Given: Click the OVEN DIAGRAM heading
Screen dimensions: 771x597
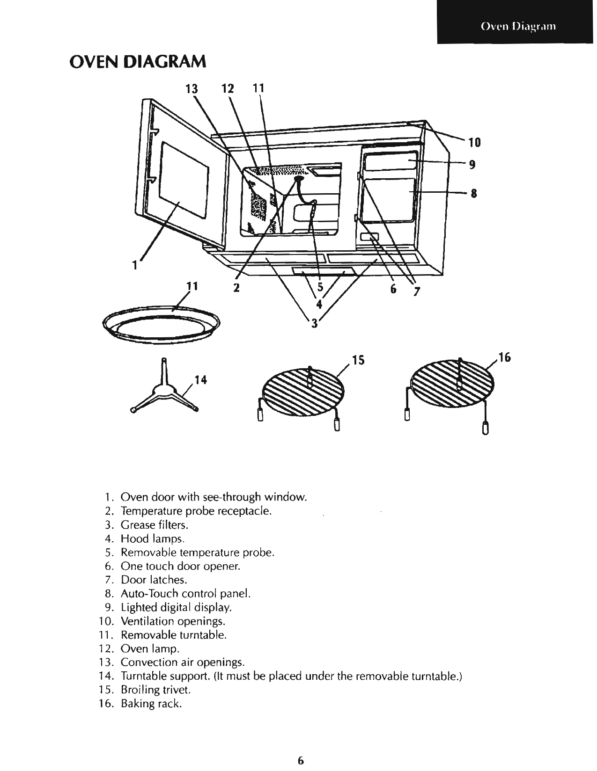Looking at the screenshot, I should (137, 61).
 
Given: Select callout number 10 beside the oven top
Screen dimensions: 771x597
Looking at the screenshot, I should (474, 142).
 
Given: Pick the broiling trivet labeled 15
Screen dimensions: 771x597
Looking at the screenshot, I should (303, 389).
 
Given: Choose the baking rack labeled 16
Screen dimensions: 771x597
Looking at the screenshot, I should (451, 382).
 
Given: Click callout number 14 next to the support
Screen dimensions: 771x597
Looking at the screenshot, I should (200, 379).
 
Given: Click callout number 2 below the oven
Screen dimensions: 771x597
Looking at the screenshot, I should (236, 287).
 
